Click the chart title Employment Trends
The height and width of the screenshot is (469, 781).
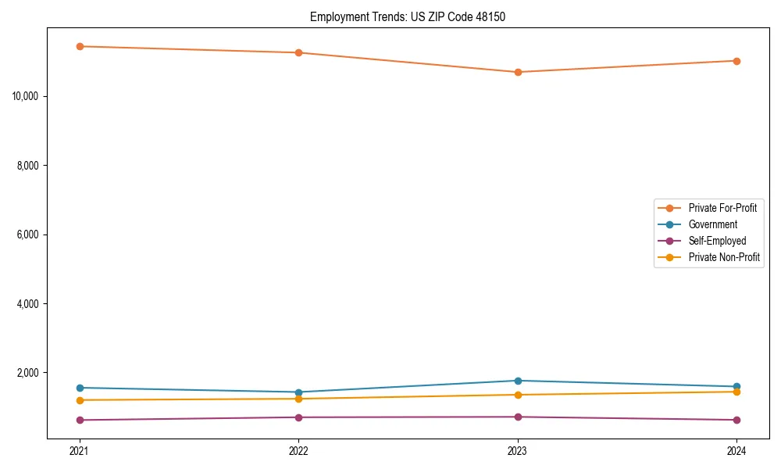tap(407, 16)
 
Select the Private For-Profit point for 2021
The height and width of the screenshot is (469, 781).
tap(80, 46)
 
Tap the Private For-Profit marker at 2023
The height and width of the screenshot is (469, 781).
tap(518, 72)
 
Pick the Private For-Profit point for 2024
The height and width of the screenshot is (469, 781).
tap(736, 61)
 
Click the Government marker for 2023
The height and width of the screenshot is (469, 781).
tap(518, 381)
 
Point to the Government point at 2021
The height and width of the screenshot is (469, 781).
tap(80, 388)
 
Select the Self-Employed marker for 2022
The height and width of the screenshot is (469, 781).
tap(298, 417)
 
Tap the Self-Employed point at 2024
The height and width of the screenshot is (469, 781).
tap(736, 420)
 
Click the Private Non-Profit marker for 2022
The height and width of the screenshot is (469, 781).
tap(298, 399)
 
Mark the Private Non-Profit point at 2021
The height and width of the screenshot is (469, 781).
tap(80, 400)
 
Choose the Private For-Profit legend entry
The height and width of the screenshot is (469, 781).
tap(722, 208)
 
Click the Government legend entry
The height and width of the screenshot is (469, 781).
tap(712, 224)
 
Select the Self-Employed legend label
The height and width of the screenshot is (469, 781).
tap(717, 241)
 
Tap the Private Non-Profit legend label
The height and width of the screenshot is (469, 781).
tap(724, 257)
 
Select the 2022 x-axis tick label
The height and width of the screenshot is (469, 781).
tap(298, 450)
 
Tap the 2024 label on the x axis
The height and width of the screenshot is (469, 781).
tap(736, 450)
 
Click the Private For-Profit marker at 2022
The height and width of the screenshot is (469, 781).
tap(298, 52)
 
